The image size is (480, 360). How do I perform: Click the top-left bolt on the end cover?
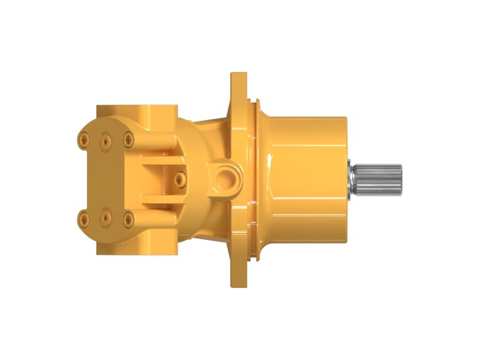pos(83,140)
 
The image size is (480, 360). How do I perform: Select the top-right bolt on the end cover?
pos(128,139)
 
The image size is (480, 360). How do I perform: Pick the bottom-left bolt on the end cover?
pos(83,219)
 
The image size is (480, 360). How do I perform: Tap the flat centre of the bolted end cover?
pos(105,179)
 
